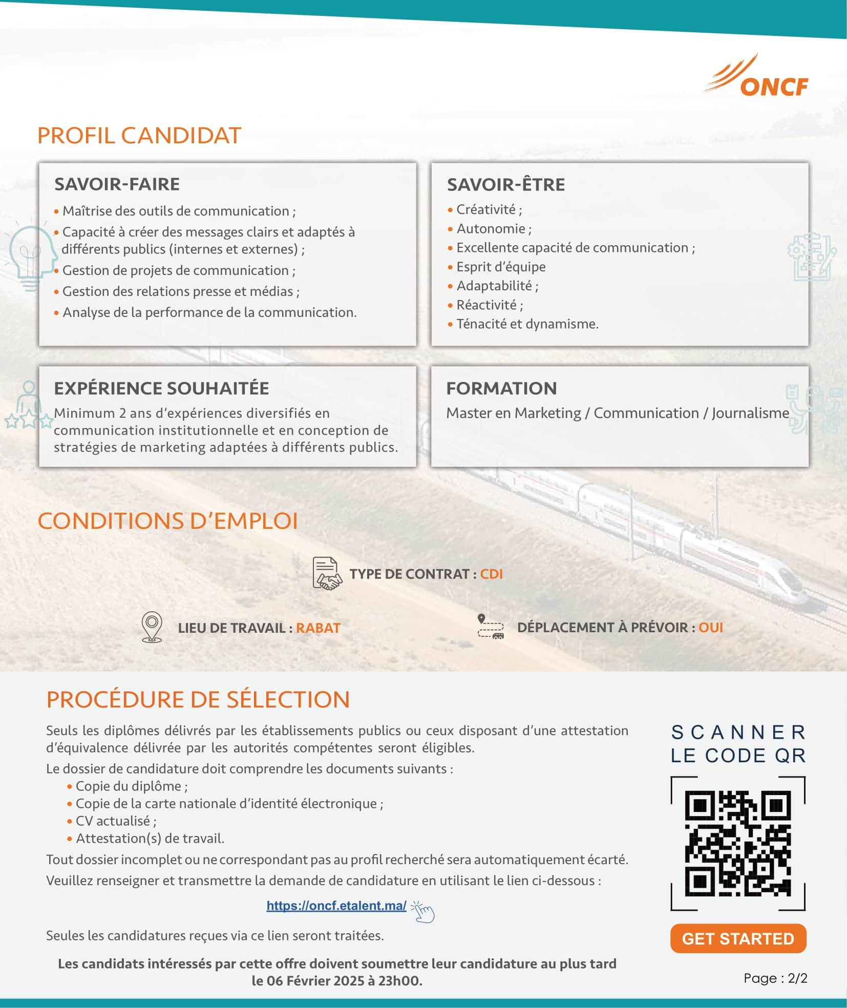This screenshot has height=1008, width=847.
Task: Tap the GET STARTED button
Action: pyautogui.click(x=738, y=938)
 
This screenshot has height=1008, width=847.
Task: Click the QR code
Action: pyautogui.click(x=738, y=843)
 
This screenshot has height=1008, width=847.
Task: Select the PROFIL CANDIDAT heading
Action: pyautogui.click(x=139, y=136)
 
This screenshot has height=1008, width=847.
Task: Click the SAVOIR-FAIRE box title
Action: pyautogui.click(x=117, y=184)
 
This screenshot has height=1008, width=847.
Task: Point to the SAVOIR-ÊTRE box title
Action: pyautogui.click(x=506, y=185)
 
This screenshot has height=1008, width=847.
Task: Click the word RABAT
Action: pyautogui.click(x=318, y=628)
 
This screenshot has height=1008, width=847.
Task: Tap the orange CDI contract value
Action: pyautogui.click(x=491, y=574)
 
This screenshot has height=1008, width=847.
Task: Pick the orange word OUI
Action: pyautogui.click(x=711, y=628)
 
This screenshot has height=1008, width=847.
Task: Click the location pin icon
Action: pyautogui.click(x=152, y=627)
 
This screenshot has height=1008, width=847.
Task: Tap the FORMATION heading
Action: pyautogui.click(x=501, y=389)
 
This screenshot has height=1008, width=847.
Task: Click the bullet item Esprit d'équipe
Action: pyautogui.click(x=501, y=267)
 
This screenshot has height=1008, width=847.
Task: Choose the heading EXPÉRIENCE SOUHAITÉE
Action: pyautogui.click(x=161, y=389)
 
